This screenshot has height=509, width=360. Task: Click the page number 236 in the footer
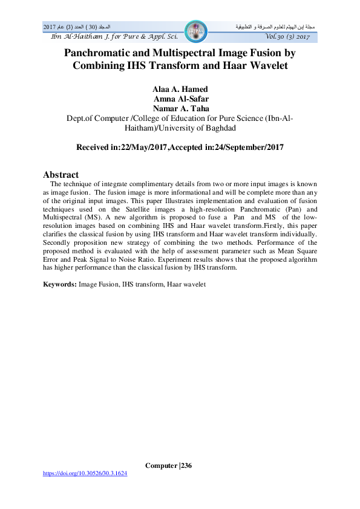click(x=186, y=465)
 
